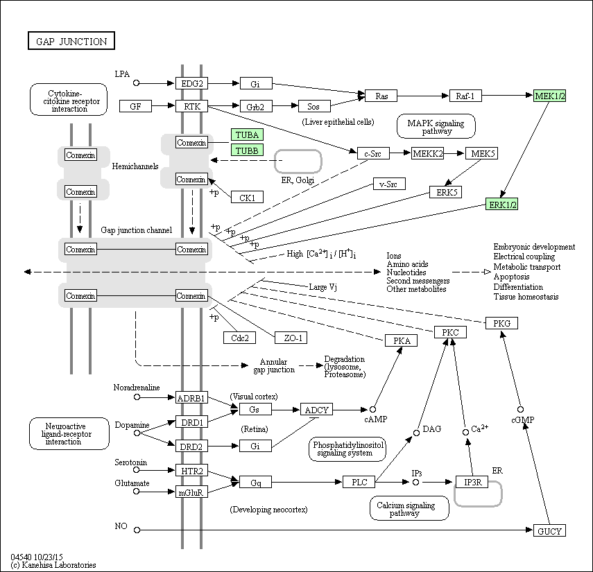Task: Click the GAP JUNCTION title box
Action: (x=71, y=41)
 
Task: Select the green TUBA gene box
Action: (x=247, y=135)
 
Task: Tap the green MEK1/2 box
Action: (x=549, y=96)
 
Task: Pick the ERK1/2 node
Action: (x=502, y=205)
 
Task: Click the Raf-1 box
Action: (x=465, y=96)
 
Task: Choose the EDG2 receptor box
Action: (x=191, y=83)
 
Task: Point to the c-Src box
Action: (x=373, y=153)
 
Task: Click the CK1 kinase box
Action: (x=248, y=197)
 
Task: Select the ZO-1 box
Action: (x=291, y=338)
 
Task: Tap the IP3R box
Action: (x=472, y=482)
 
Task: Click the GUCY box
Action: (x=549, y=530)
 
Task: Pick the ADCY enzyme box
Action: (x=316, y=410)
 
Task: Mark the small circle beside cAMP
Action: (x=372, y=410)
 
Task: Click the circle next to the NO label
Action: (x=137, y=530)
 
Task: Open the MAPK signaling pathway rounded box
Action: (x=436, y=126)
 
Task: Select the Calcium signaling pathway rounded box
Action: (x=410, y=508)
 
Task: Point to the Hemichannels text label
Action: (x=135, y=166)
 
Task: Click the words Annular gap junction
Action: (x=274, y=365)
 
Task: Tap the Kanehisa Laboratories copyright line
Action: (x=53, y=565)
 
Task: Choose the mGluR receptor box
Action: (x=191, y=492)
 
